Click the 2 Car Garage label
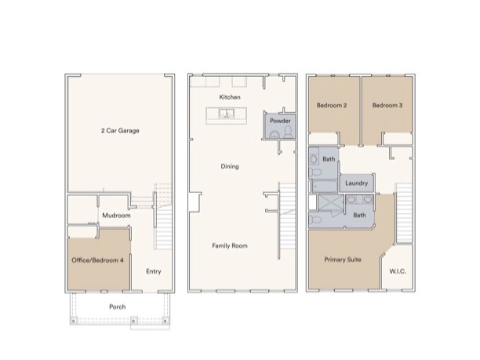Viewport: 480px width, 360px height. pos(120,130)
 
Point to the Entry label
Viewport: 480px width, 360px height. pos(154,272)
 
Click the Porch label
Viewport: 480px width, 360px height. pos(118,307)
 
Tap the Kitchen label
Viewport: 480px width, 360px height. pos(230,97)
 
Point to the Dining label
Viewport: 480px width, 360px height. pos(230,166)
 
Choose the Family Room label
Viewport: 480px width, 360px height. pos(230,245)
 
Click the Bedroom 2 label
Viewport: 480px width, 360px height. pos(332,105)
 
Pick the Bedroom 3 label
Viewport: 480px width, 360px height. pos(387,105)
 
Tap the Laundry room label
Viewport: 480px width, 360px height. pos(358,184)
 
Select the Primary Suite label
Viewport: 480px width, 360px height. pos(344,260)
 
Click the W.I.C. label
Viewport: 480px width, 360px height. pos(398,272)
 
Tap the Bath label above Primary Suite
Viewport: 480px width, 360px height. pos(359,215)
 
